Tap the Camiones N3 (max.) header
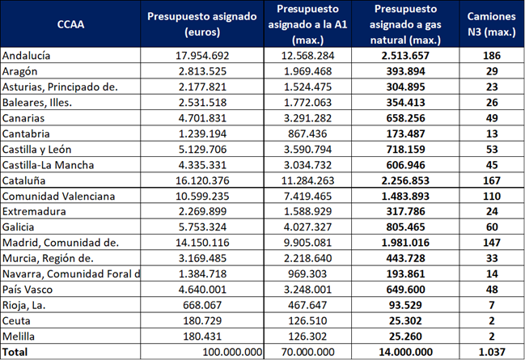coord(493,24)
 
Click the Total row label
coord(16,352)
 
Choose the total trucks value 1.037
coord(493,352)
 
